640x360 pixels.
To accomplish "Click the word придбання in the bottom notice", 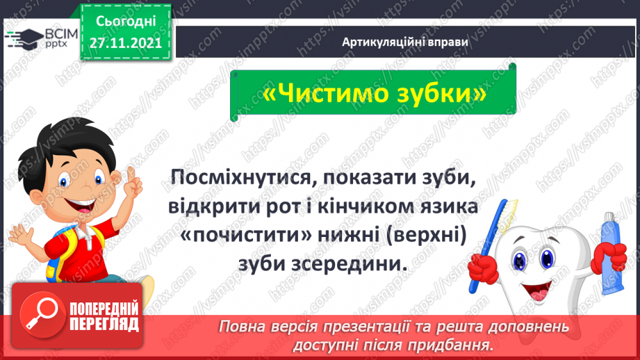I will click(459, 344).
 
